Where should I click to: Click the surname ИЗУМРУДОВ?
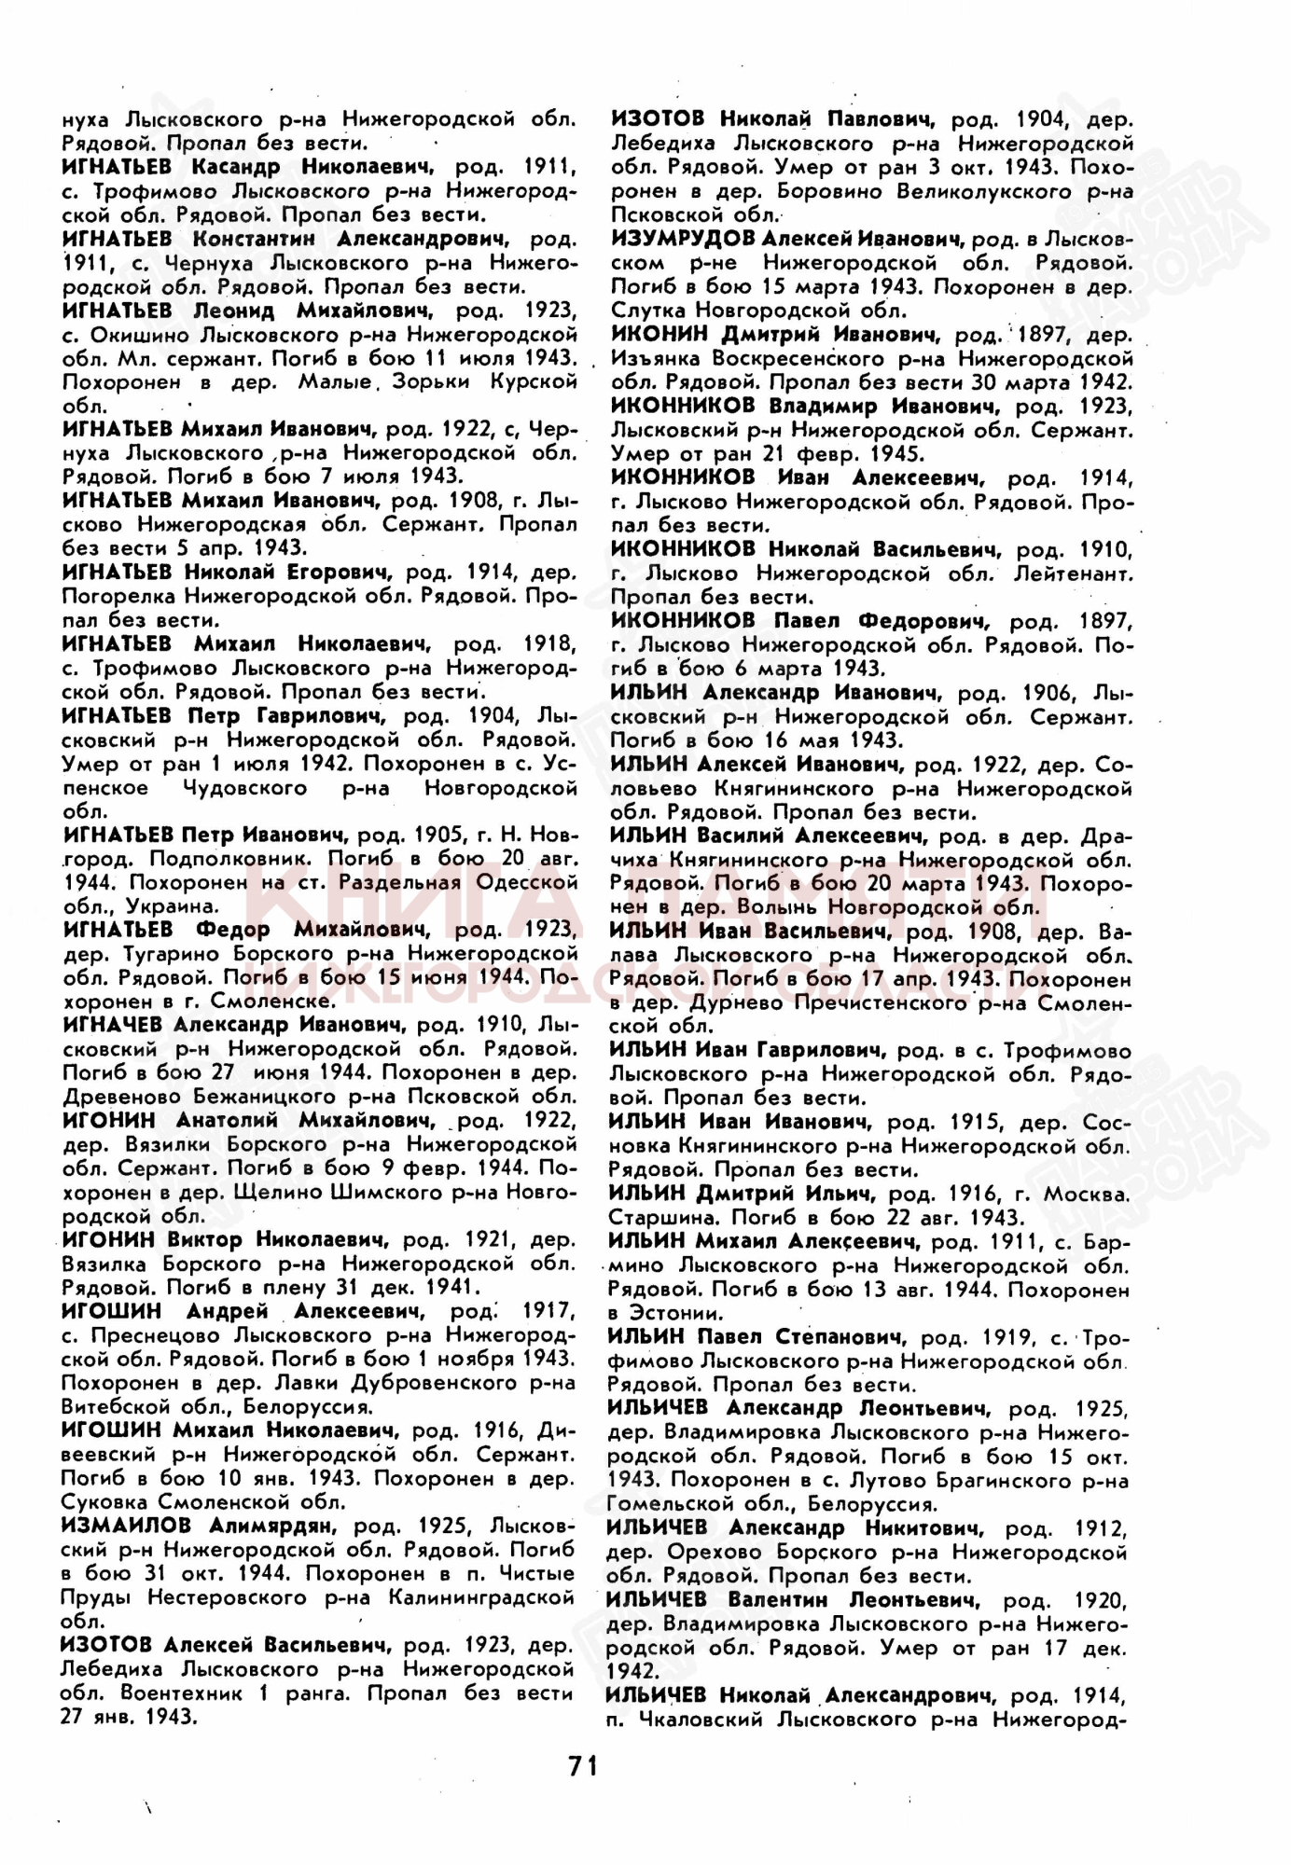click(677, 239)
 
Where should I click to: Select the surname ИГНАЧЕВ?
click(116, 1024)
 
